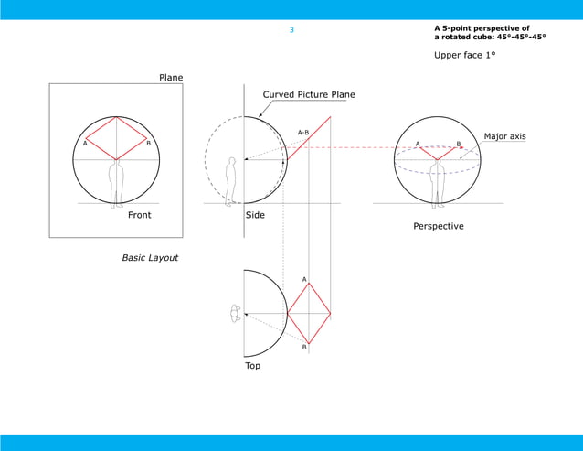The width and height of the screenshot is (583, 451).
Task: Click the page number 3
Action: click(291, 30)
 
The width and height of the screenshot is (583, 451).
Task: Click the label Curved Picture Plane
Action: click(309, 94)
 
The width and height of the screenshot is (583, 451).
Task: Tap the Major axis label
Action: click(504, 136)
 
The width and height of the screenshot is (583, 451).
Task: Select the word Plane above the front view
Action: click(171, 78)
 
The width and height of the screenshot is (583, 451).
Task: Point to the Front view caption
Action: click(140, 215)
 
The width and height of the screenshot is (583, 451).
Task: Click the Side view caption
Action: click(255, 215)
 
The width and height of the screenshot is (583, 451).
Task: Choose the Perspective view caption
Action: click(439, 226)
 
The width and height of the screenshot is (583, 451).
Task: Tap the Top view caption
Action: click(252, 365)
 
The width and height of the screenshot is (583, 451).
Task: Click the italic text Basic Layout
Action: click(150, 258)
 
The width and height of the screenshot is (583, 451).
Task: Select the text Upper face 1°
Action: click(464, 55)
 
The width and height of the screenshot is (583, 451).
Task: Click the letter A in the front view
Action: click(85, 144)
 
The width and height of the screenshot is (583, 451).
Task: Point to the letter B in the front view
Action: click(148, 144)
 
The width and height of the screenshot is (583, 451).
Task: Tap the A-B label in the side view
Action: click(303, 133)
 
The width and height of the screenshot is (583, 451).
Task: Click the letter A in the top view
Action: click(304, 278)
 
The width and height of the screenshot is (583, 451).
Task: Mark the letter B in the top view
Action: click(304, 348)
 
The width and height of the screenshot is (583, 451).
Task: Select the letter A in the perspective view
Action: click(418, 144)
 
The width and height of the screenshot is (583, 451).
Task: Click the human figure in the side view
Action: click(230, 180)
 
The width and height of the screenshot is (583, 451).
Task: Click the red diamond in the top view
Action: click(309, 313)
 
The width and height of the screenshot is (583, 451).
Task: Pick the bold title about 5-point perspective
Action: click(490, 33)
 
